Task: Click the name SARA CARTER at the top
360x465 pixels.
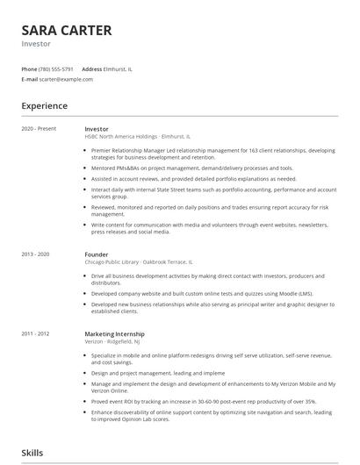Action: coord(67,31)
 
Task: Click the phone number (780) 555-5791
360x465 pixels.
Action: coord(57,68)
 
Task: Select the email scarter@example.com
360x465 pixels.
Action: coord(66,79)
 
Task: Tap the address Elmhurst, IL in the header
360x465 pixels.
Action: coord(119,68)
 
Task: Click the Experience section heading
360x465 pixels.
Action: coord(46,106)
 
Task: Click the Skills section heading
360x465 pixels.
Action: coord(33,453)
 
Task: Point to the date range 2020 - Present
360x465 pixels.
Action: coord(39,129)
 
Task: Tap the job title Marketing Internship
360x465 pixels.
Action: coord(114,333)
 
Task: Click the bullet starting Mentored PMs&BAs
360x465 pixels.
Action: coord(192,168)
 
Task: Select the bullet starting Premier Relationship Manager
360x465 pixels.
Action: coord(211,154)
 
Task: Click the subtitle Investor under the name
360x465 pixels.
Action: coord(37,44)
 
